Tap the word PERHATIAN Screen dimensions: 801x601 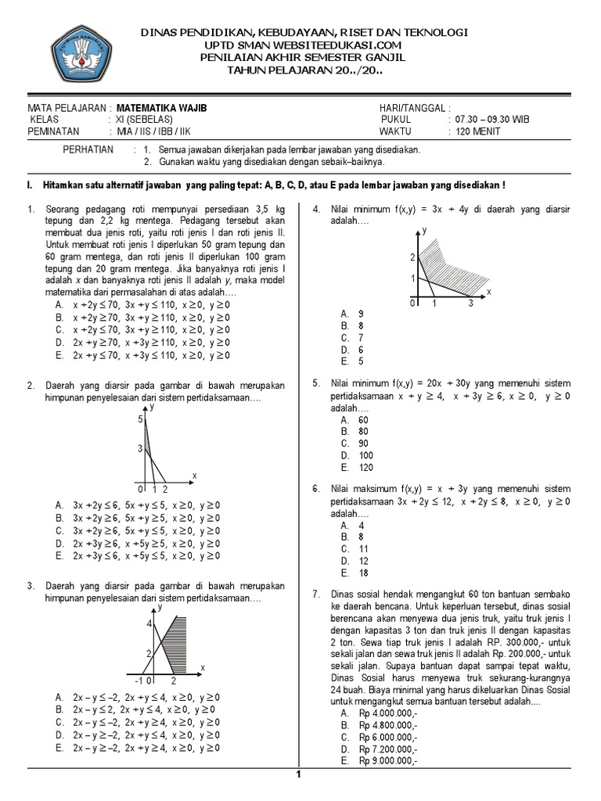coord(88,149)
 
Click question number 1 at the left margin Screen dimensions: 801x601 coord(31,210)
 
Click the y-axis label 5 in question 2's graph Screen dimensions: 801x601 coord(142,420)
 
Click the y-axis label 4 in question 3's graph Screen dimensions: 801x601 coord(148,623)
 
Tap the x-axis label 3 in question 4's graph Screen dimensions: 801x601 coord(470,304)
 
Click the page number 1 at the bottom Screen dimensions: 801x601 coord(298,774)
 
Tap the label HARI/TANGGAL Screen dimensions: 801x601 coord(414,107)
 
